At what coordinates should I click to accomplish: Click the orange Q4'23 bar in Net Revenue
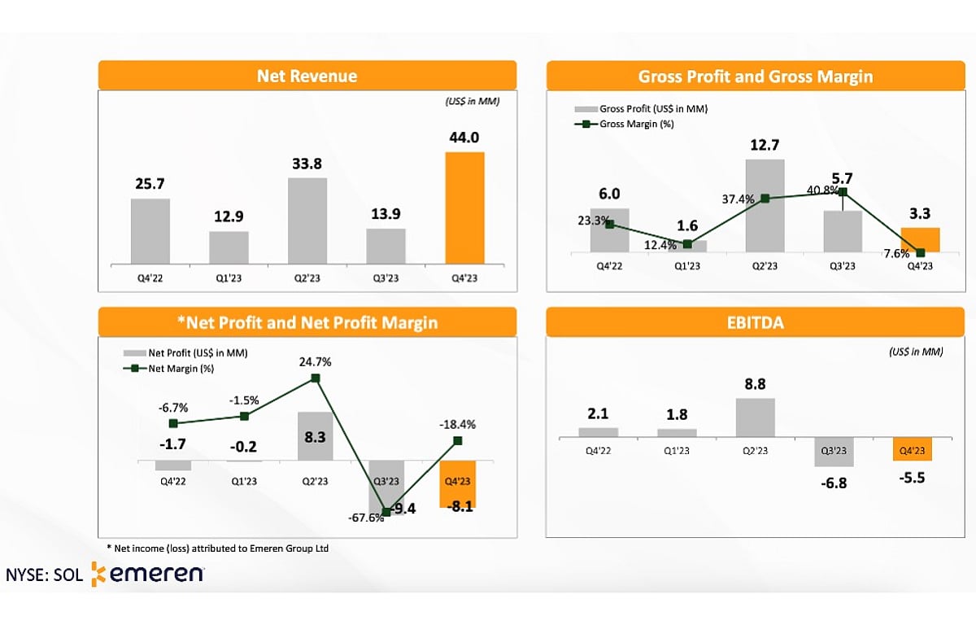[464, 208]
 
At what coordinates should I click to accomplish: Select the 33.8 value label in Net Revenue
[307, 164]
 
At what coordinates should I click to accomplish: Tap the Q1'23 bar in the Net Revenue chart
[229, 247]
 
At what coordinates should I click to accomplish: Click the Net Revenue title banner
[307, 76]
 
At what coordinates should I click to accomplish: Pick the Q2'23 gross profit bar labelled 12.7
[765, 205]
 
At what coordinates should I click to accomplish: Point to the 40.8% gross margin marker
[843, 192]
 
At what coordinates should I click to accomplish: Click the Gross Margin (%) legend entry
[625, 124]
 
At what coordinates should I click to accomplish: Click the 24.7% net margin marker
[316, 378]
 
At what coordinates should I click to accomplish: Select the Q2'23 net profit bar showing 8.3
[316, 436]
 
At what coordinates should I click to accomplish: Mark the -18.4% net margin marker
[458, 440]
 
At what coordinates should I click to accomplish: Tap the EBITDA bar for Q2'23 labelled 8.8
[755, 417]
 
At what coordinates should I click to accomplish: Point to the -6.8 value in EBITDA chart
[834, 483]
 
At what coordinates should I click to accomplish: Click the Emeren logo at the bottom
[147, 574]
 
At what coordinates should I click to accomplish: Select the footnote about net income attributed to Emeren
[218, 549]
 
